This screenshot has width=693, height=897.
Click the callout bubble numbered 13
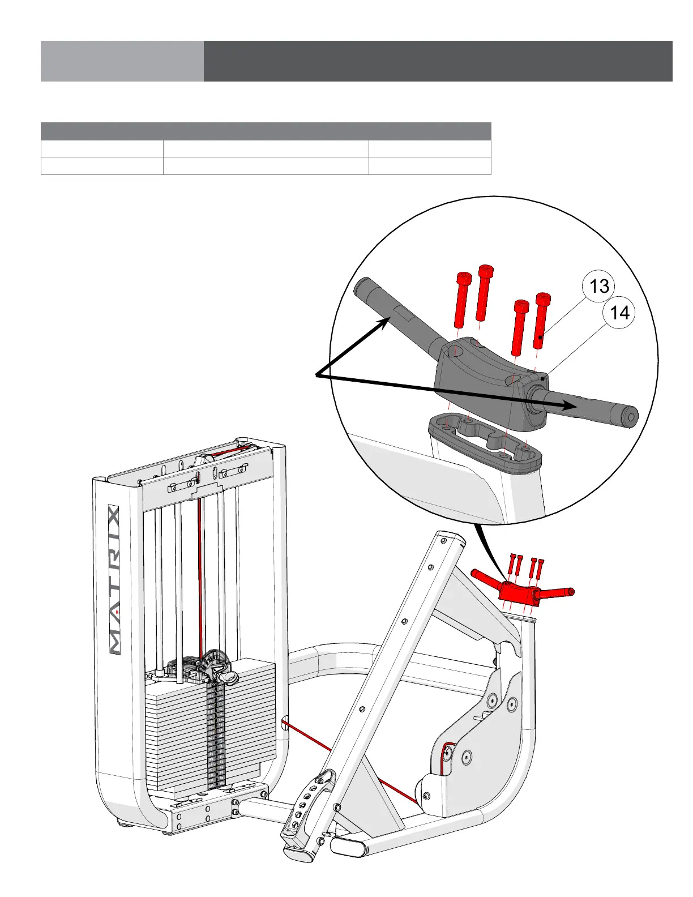(599, 287)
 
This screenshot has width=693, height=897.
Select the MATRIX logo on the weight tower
(114, 580)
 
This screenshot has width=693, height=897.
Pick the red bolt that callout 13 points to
(542, 321)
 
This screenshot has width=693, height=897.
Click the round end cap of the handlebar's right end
(630, 417)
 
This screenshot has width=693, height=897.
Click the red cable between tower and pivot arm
(351, 762)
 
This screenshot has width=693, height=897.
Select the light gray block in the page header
(122, 61)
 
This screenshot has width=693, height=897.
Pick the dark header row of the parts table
(266, 131)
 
